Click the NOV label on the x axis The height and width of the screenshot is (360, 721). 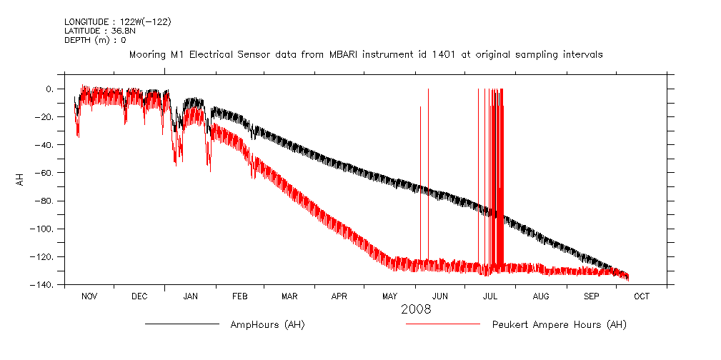click(89, 296)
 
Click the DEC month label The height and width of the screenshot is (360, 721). click(139, 296)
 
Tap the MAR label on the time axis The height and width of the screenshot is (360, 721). click(289, 296)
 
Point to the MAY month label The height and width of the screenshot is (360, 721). click(389, 296)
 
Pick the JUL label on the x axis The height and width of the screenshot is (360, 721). click(491, 296)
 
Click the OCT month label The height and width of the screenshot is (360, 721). click(642, 296)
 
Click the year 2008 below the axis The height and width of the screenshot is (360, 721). click(416, 310)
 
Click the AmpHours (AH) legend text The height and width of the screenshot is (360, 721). click(267, 325)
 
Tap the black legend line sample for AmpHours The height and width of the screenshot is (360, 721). click(182, 324)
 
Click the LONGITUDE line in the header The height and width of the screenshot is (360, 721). click(118, 22)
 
